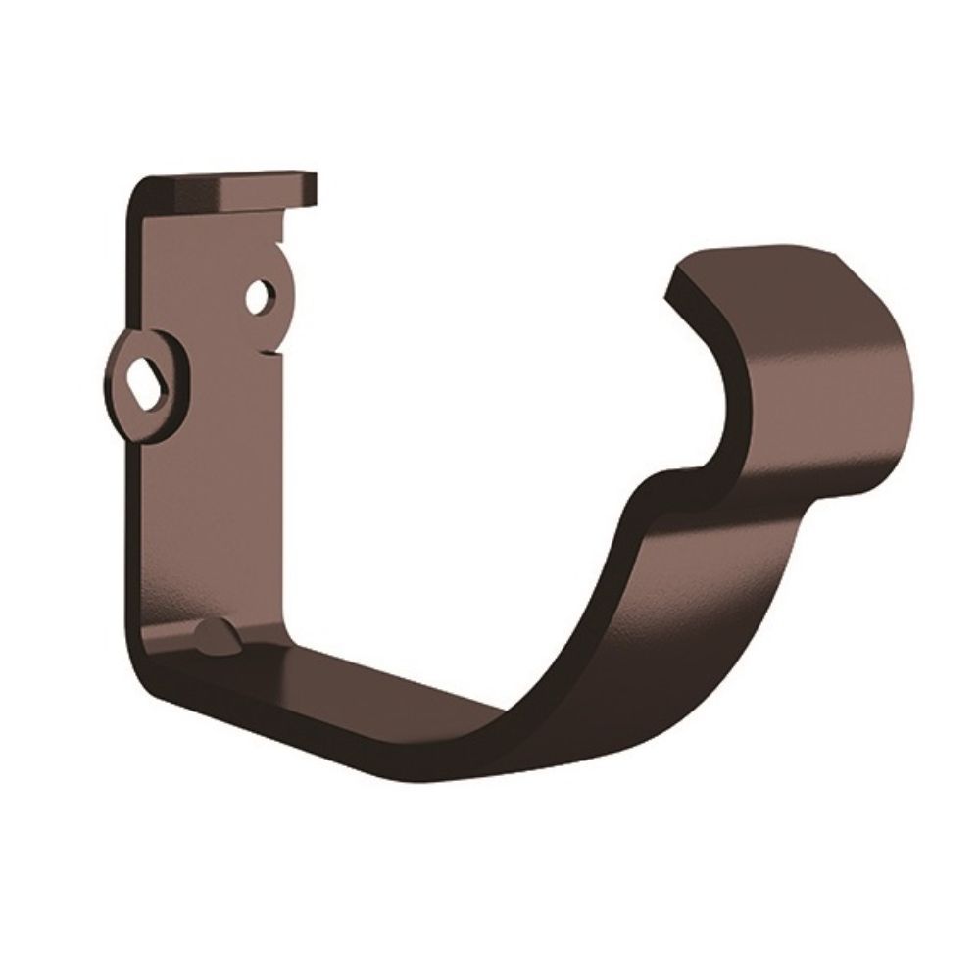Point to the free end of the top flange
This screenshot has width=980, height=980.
(312, 189)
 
